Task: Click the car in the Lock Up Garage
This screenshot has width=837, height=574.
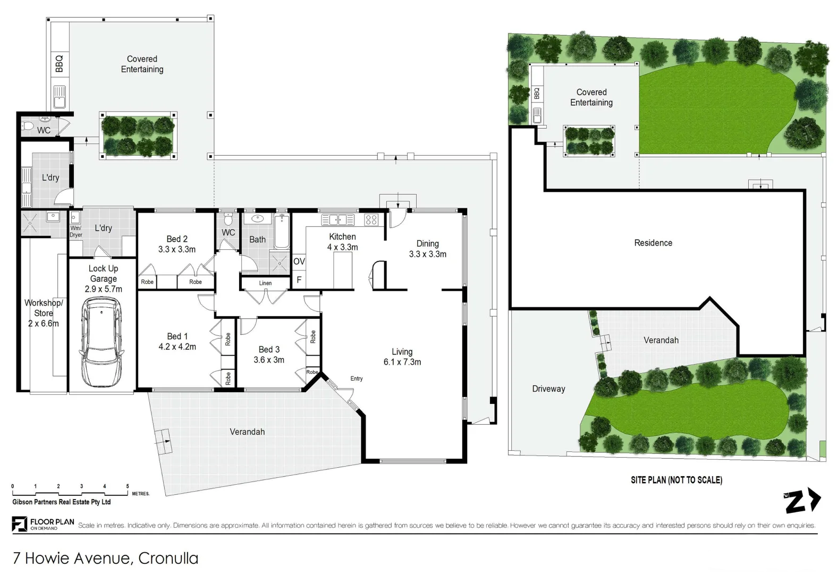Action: tap(102, 342)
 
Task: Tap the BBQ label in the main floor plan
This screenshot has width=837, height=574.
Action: tap(60, 64)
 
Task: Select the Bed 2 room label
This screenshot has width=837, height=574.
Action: tap(177, 239)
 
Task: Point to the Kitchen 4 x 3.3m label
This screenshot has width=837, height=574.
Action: tap(343, 242)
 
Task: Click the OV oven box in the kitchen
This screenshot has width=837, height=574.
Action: tap(299, 261)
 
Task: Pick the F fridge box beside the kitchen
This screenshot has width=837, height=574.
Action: tap(299, 280)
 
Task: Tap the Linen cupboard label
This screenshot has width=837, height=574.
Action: tap(265, 283)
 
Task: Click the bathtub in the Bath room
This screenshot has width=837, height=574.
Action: tap(282, 232)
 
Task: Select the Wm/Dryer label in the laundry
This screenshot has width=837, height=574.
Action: tap(76, 231)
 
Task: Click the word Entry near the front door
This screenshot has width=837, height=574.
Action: tap(357, 378)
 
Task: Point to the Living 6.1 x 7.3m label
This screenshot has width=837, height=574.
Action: tap(402, 357)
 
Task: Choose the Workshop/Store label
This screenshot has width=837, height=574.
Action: tap(44, 313)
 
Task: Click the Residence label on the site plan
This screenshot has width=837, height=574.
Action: tap(653, 243)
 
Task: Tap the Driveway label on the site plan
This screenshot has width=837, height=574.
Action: tap(548, 389)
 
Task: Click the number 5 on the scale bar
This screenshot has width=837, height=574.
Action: tap(128, 486)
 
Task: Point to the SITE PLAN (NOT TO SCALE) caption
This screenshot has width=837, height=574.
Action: tap(677, 480)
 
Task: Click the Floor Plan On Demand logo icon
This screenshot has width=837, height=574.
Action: tap(20, 524)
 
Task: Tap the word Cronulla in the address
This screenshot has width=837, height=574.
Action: tap(168, 558)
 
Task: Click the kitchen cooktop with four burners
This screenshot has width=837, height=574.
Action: tap(371, 220)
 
